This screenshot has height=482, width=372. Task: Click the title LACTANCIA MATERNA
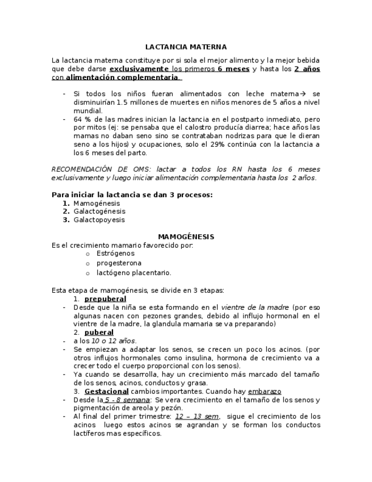click(186, 47)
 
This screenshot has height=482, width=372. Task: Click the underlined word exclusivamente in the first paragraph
click(139, 69)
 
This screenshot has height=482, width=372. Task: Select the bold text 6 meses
click(233, 69)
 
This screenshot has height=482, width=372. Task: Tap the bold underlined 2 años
click(307, 69)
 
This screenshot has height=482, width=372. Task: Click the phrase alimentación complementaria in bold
click(122, 77)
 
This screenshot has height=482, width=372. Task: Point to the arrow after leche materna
click(303, 94)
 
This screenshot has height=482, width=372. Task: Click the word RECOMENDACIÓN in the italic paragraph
click(83, 169)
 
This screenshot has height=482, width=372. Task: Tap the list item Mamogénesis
click(97, 203)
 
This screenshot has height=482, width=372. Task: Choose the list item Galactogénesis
click(99, 211)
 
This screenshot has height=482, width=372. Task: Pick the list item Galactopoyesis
click(99, 219)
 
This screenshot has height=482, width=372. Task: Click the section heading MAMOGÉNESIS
click(186, 236)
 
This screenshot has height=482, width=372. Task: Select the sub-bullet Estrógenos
click(115, 254)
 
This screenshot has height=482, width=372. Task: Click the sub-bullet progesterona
click(119, 263)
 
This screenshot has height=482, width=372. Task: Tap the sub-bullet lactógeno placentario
click(133, 273)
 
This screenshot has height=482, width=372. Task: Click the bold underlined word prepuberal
click(105, 298)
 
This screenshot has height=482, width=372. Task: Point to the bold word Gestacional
click(106, 392)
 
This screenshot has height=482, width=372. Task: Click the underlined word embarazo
click(264, 392)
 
